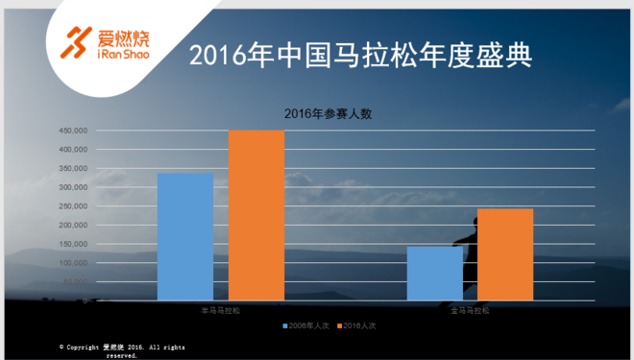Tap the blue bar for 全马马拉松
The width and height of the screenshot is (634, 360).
click(x=434, y=273)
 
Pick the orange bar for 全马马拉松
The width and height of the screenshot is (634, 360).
click(x=504, y=254)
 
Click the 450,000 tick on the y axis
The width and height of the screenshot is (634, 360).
click(x=73, y=131)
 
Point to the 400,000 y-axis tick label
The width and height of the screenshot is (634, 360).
click(x=73, y=150)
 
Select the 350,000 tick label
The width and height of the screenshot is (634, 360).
click(x=73, y=168)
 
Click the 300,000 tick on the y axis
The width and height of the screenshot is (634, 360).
click(x=73, y=187)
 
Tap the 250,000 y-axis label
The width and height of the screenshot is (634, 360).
click(x=73, y=206)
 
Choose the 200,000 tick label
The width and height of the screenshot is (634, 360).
click(x=73, y=225)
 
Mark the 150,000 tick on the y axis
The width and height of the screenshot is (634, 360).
click(x=73, y=244)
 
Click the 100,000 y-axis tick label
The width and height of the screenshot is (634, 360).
click(x=73, y=262)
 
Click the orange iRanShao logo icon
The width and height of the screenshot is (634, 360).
click(x=74, y=39)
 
